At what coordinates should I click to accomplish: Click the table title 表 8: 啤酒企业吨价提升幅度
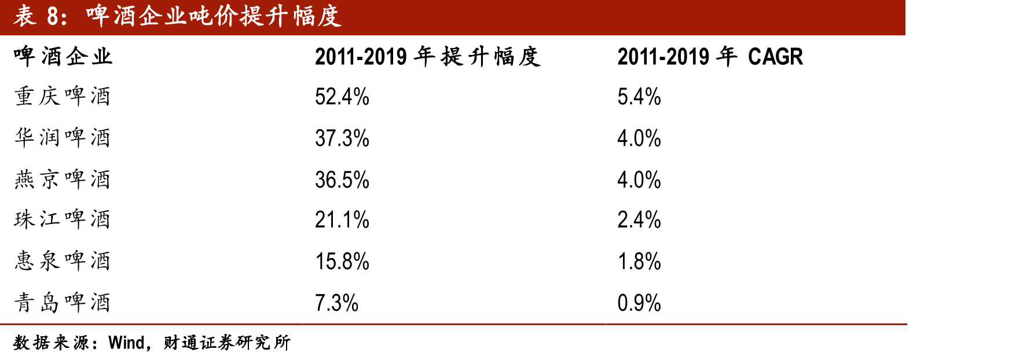[177, 16]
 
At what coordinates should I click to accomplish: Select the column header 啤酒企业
[63, 57]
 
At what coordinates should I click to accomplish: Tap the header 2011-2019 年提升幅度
[428, 57]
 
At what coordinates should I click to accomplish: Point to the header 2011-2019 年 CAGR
[710, 57]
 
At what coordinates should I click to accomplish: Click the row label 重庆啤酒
[63, 96]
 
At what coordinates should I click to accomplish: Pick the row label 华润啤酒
[63, 138]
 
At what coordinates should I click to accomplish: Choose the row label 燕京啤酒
[63, 179]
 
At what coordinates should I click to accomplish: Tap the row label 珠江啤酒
[63, 219]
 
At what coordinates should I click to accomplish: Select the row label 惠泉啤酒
[63, 261]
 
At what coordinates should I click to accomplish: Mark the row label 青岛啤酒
[63, 303]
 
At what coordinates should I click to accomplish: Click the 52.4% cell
[342, 97]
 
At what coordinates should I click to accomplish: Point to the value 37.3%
[342, 138]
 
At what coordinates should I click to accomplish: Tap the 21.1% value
[342, 220]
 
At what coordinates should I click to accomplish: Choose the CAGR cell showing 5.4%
[639, 97]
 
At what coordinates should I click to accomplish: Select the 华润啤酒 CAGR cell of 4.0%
[639, 138]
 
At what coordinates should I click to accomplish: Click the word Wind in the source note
[126, 343]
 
